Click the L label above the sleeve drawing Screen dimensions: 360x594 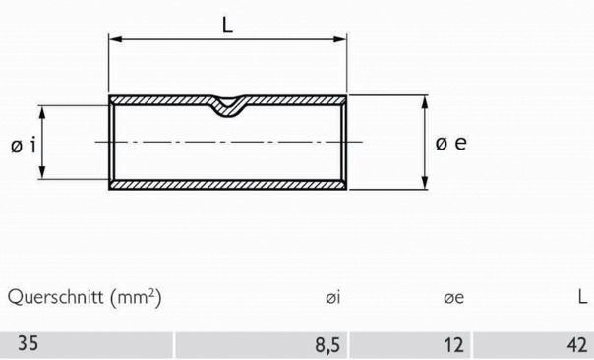[x=228, y=27]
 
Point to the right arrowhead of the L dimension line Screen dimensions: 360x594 [x=343, y=40]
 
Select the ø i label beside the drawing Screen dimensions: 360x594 [x=24, y=146]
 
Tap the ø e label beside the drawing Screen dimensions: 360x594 [x=450, y=143]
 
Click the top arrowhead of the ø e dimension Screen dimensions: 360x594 [x=425, y=100]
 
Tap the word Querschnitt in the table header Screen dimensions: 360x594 [x=53, y=297]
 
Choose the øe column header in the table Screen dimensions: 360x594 [x=454, y=297]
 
